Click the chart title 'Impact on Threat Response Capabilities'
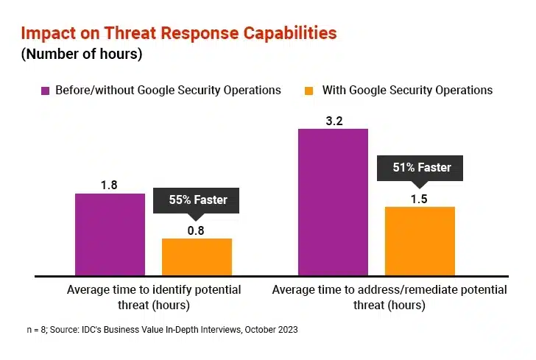pyautogui.click(x=179, y=33)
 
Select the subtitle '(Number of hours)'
pyautogui.click(x=82, y=54)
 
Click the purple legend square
pyautogui.click(x=45, y=91)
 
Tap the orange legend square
pyautogui.click(x=308, y=91)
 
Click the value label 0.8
pyautogui.click(x=196, y=230)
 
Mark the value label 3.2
pyautogui.click(x=334, y=121)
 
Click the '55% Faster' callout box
pyautogui.click(x=196, y=200)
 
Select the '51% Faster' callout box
pyautogui.click(x=421, y=167)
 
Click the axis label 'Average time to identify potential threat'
pyautogui.click(x=154, y=297)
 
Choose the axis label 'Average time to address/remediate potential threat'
pyautogui.click(x=389, y=297)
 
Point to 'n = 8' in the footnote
pyautogui.click(x=35, y=331)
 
